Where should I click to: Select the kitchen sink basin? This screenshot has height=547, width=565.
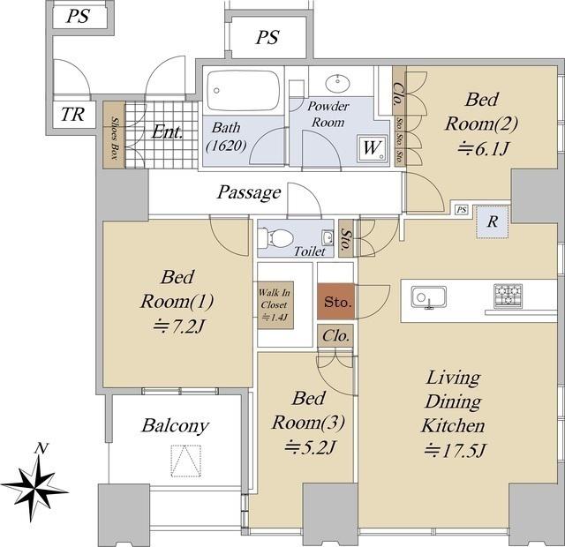pyautogui.click(x=429, y=297)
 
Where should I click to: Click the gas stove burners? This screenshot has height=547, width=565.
pyautogui.click(x=508, y=296)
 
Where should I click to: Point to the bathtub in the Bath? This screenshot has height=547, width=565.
pyautogui.click(x=244, y=90)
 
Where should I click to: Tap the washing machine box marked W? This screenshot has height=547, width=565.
pyautogui.click(x=373, y=148)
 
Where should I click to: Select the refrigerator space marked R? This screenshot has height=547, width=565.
pyautogui.click(x=493, y=221)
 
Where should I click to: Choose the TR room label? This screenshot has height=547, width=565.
pyautogui.click(x=72, y=115)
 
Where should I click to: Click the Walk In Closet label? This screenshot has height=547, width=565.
pyautogui.click(x=275, y=304)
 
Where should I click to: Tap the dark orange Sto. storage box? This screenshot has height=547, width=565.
pyautogui.click(x=335, y=302)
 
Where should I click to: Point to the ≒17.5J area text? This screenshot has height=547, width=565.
pyautogui.click(x=456, y=451)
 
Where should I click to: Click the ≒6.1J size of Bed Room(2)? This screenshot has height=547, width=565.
pyautogui.click(x=483, y=148)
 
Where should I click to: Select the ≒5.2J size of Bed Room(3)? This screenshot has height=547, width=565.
pyautogui.click(x=310, y=448)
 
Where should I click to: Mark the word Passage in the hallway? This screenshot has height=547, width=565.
pyautogui.click(x=249, y=192)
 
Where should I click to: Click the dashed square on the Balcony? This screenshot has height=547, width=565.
pyautogui.click(x=185, y=461)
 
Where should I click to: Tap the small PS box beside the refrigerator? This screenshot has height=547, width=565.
pyautogui.click(x=462, y=210)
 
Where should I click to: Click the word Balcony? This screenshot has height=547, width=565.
pyautogui.click(x=175, y=425)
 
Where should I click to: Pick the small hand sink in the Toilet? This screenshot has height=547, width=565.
pyautogui.click(x=328, y=237)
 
